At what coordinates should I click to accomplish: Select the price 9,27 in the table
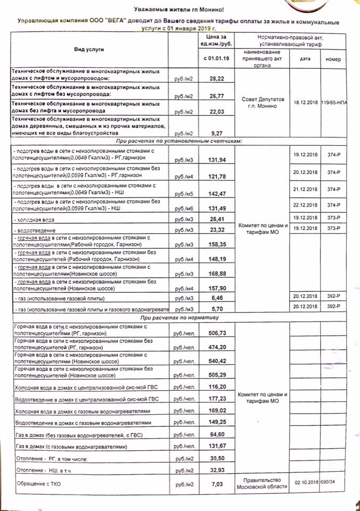point(216,134)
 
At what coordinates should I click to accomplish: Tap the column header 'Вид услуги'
point(89,49)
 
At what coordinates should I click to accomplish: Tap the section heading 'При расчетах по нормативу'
point(180,317)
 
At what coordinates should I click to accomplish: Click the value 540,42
point(216,360)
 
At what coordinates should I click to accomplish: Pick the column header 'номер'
point(333,59)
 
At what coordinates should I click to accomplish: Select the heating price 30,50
point(216,457)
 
